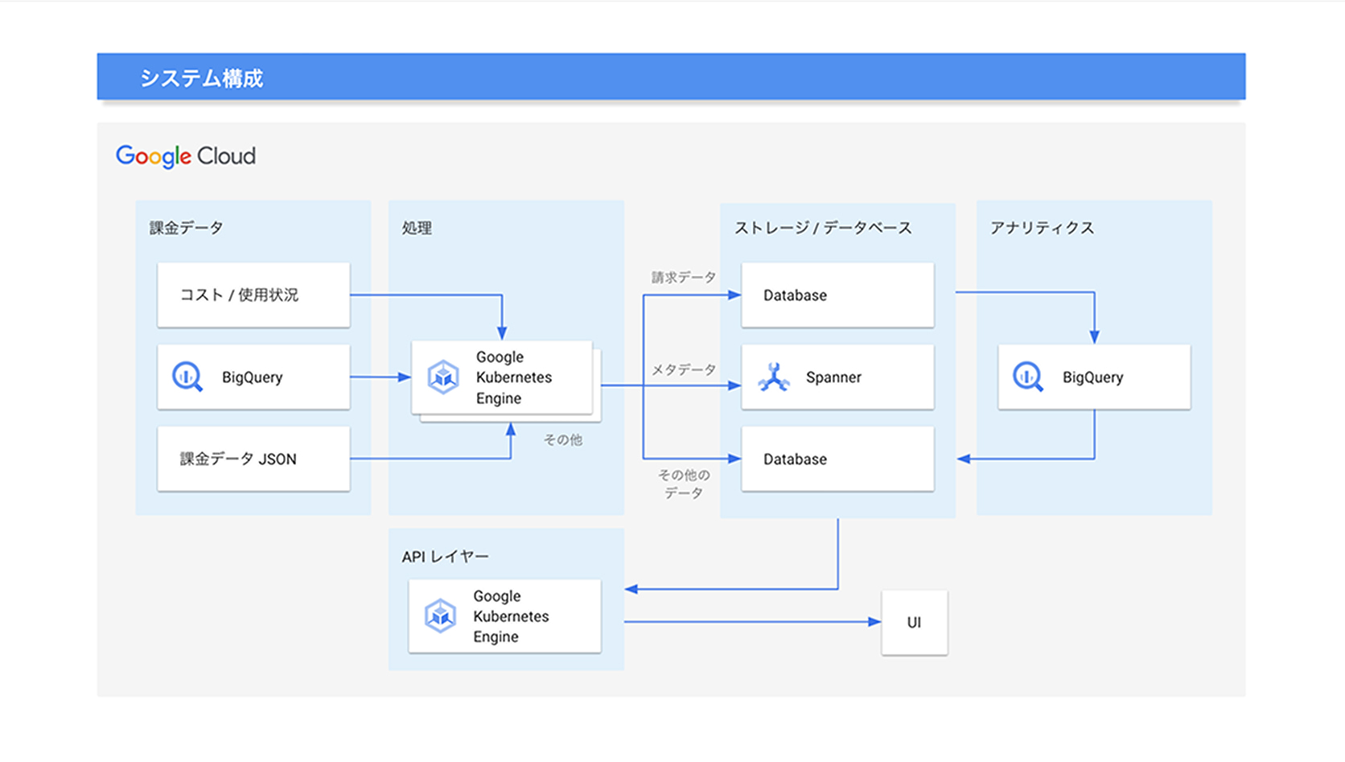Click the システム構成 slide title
pyautogui.click(x=201, y=78)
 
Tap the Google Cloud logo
pyautogui.click(x=186, y=156)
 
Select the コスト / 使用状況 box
pyautogui.click(x=253, y=295)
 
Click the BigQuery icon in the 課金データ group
pyautogui.click(x=187, y=377)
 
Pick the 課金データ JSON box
pyautogui.click(x=253, y=459)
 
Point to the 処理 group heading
pyautogui.click(x=417, y=228)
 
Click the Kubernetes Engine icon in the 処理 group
pyautogui.click(x=443, y=377)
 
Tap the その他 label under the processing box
pyautogui.click(x=562, y=439)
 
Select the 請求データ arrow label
pyautogui.click(x=683, y=278)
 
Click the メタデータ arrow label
pyautogui.click(x=683, y=369)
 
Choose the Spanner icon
pyautogui.click(x=774, y=377)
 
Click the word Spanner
pyautogui.click(x=833, y=377)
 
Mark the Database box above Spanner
pyautogui.click(x=837, y=295)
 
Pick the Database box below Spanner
pyautogui.click(x=837, y=459)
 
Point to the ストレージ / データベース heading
pyautogui.click(x=823, y=228)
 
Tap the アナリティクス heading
pyautogui.click(x=1042, y=228)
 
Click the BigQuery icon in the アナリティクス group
pyautogui.click(x=1027, y=377)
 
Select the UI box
pyautogui.click(x=914, y=622)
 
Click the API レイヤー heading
pyautogui.click(x=445, y=556)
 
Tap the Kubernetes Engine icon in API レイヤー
pyautogui.click(x=440, y=616)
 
